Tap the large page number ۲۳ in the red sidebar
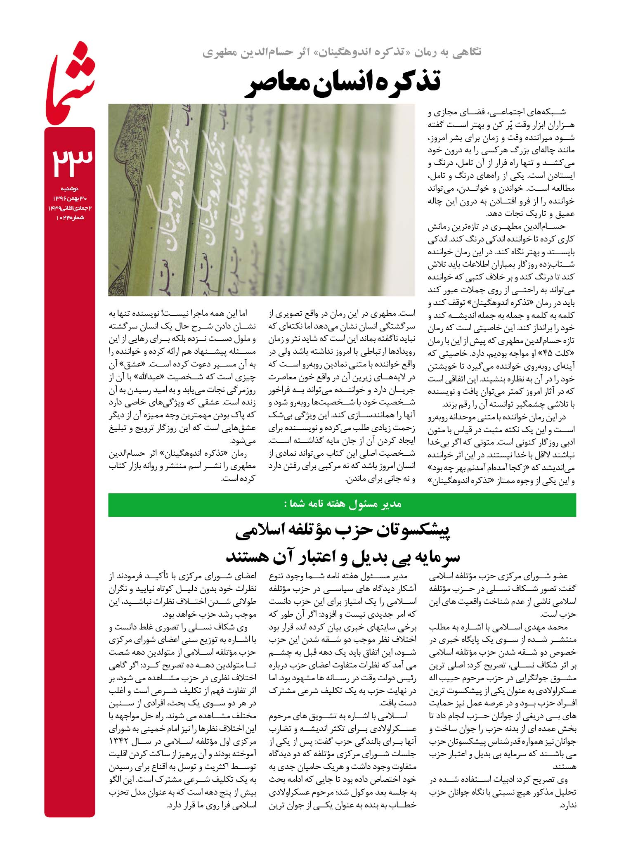70,159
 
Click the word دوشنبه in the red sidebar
70,189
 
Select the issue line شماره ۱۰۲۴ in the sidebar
70,218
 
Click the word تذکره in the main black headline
404,82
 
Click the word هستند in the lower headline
247,556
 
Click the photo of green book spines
261,200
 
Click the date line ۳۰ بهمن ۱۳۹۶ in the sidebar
70,199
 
